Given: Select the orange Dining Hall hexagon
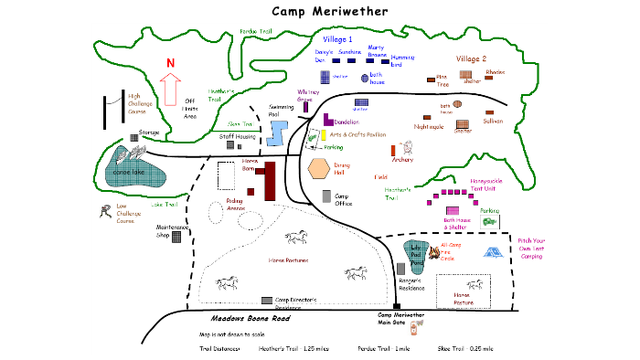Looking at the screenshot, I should [319, 169].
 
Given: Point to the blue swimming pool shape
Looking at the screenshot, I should [278, 134].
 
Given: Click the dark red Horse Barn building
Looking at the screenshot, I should [268, 180].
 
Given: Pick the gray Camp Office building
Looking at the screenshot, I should [326, 196].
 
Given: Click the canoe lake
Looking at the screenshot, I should [133, 171].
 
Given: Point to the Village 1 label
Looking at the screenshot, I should [337, 40].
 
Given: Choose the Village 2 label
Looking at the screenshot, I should [472, 58].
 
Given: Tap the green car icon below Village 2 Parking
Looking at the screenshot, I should [490, 221].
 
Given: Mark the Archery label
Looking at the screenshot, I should [403, 160].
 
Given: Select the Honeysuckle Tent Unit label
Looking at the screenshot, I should [489, 185].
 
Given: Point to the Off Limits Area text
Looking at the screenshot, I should [190, 108].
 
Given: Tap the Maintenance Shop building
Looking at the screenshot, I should [176, 237].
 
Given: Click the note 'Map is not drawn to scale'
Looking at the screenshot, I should [232, 335].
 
